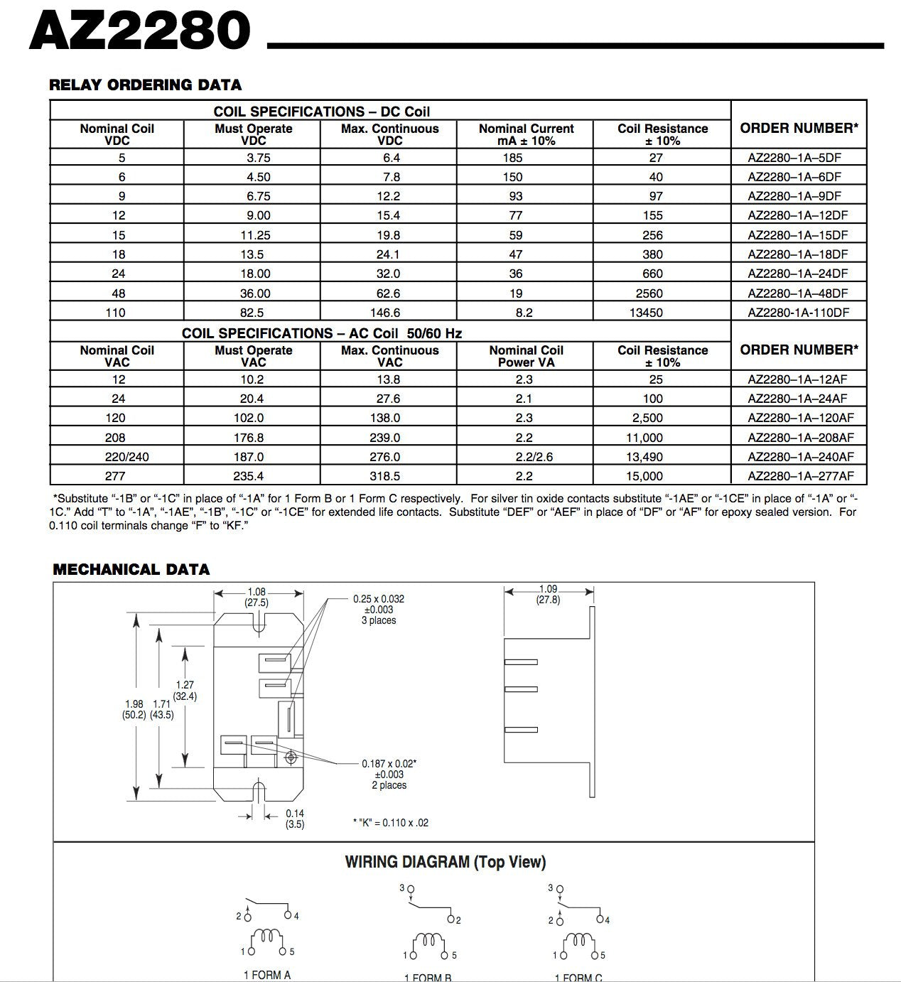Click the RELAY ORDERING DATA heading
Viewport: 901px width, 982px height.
[145, 85]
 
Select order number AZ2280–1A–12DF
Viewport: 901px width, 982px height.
[797, 215]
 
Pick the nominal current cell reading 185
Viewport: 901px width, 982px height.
[512, 158]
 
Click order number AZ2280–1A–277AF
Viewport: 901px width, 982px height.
[801, 476]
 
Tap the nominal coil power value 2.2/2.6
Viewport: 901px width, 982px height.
[525, 457]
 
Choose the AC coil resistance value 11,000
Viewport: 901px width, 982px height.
[646, 438]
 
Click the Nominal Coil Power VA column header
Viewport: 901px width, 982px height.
[526, 356]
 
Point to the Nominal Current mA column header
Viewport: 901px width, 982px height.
[526, 134]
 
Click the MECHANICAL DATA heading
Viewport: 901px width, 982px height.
[131, 569]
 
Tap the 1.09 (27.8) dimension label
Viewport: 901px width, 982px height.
[548, 594]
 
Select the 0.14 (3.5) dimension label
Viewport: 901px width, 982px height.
[295, 819]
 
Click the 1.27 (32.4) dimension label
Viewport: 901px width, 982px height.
[185, 691]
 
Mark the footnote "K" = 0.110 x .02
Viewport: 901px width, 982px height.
[391, 823]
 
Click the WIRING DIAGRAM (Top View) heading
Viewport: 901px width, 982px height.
[446, 862]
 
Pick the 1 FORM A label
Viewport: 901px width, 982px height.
[267, 975]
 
